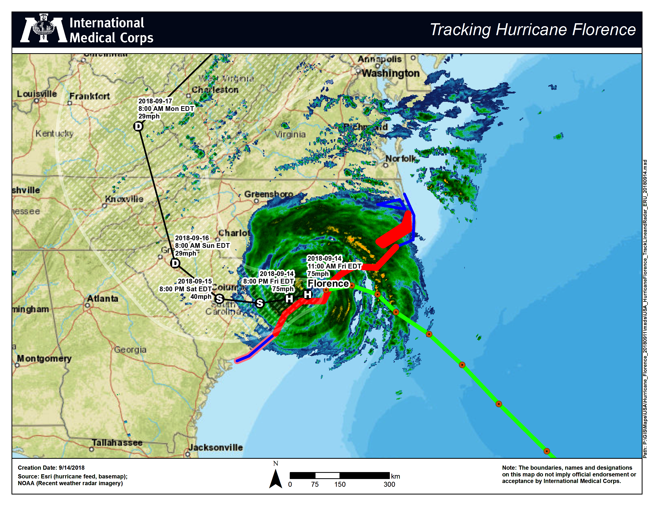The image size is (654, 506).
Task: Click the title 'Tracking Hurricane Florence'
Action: [x=533, y=30]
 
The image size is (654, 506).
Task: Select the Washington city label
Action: [x=391, y=73]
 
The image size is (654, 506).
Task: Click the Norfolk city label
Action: [x=401, y=158]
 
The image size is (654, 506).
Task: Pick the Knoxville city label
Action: [x=124, y=199]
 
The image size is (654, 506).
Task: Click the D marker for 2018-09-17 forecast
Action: [x=138, y=126]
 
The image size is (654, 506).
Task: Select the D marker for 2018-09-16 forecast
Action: [x=175, y=263]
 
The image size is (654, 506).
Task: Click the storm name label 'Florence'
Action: [x=328, y=283]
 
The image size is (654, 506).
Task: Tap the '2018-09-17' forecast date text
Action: [x=155, y=101]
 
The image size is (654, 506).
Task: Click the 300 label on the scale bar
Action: [x=389, y=484]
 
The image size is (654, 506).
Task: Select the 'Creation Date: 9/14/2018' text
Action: [x=51, y=468]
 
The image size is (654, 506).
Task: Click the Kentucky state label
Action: [x=54, y=133]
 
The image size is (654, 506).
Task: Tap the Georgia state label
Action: [x=130, y=349]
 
